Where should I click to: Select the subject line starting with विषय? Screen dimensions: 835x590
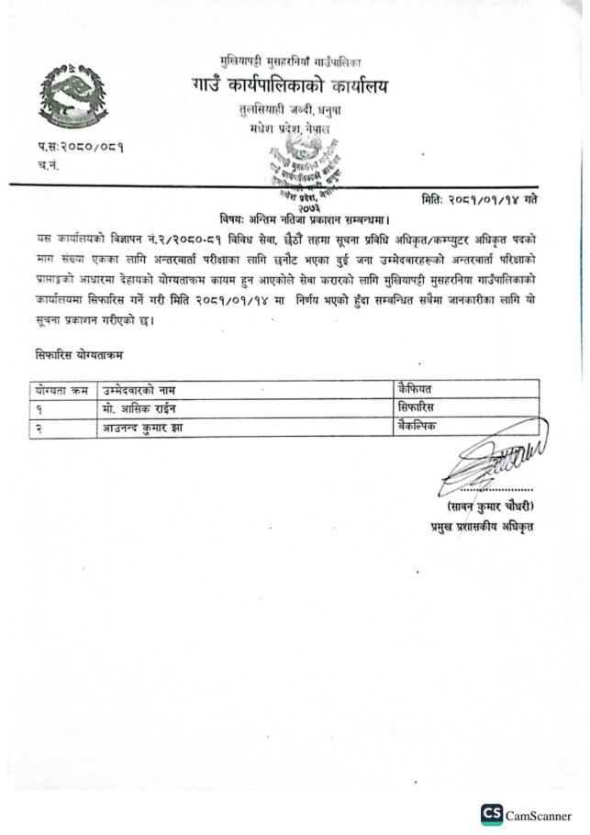click(293, 218)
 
